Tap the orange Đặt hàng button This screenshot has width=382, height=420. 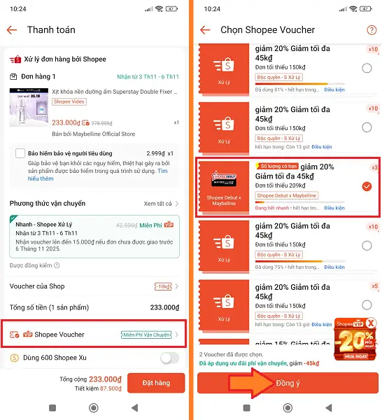(x=156, y=383)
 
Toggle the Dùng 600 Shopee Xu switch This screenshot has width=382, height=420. (x=170, y=358)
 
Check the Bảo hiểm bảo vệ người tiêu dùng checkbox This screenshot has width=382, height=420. (x=20, y=153)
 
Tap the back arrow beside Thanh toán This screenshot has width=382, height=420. (x=11, y=30)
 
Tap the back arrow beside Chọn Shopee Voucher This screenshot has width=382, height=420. (x=205, y=30)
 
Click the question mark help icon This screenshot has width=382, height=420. (x=372, y=30)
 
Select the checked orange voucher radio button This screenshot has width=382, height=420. (x=367, y=187)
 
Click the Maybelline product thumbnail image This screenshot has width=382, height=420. (x=28, y=108)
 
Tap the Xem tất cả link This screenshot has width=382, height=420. (x=157, y=204)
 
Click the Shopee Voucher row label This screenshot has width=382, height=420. (x=59, y=335)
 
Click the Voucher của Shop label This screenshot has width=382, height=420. (x=37, y=286)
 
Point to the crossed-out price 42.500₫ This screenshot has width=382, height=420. (x=126, y=225)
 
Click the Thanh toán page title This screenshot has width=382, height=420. (x=51, y=30)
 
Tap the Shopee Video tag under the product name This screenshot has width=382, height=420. (x=69, y=101)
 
